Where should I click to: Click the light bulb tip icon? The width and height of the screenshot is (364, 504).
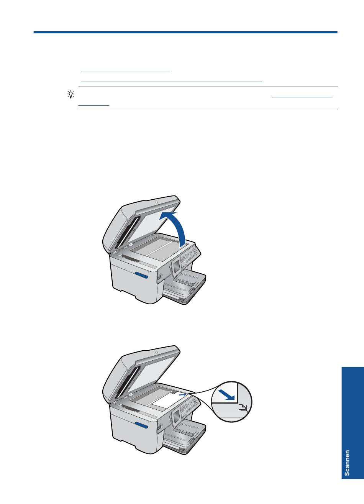click(71, 94)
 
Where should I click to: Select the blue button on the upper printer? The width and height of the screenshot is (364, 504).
click(141, 275)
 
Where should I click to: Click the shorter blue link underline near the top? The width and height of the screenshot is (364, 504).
click(125, 72)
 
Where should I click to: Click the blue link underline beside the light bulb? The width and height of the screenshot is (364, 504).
click(302, 97)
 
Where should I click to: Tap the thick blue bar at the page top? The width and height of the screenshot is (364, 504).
click(185, 32)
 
